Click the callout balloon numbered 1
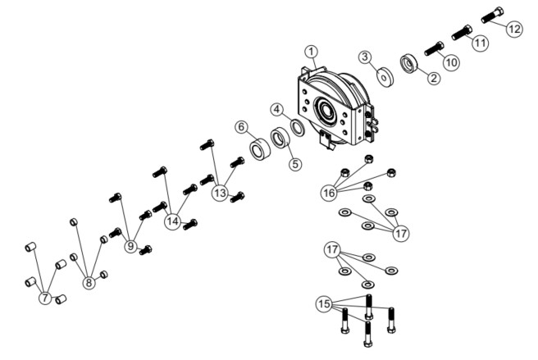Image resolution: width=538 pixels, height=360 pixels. click(312, 52)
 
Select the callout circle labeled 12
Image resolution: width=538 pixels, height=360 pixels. click(514, 29)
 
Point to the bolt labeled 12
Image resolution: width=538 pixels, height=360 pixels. click(492, 15)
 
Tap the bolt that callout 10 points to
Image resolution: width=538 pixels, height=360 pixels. click(434, 48)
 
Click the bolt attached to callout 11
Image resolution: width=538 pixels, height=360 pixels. click(462, 33)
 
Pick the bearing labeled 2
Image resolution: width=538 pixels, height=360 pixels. click(408, 64)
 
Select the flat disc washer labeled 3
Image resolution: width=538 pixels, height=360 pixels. click(385, 77)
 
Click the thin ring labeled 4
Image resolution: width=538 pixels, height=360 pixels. click(298, 128)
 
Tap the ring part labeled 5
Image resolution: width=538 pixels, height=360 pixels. click(280, 138)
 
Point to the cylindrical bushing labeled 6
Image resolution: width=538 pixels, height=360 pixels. click(260, 148)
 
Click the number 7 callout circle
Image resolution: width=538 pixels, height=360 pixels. click(45, 298)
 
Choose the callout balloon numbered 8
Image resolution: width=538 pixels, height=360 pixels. click(89, 283)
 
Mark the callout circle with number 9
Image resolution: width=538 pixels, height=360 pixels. click(130, 246)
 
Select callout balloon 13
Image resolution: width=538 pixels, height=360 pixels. click(220, 193)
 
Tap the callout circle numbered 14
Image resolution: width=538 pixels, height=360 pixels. click(172, 221)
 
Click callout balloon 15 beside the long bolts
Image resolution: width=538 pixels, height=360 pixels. click(324, 303)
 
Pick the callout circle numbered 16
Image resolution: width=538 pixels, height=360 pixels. click(329, 193)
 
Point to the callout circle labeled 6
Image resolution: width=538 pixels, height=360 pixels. click(242, 127)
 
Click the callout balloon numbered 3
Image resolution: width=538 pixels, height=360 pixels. click(365, 57)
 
